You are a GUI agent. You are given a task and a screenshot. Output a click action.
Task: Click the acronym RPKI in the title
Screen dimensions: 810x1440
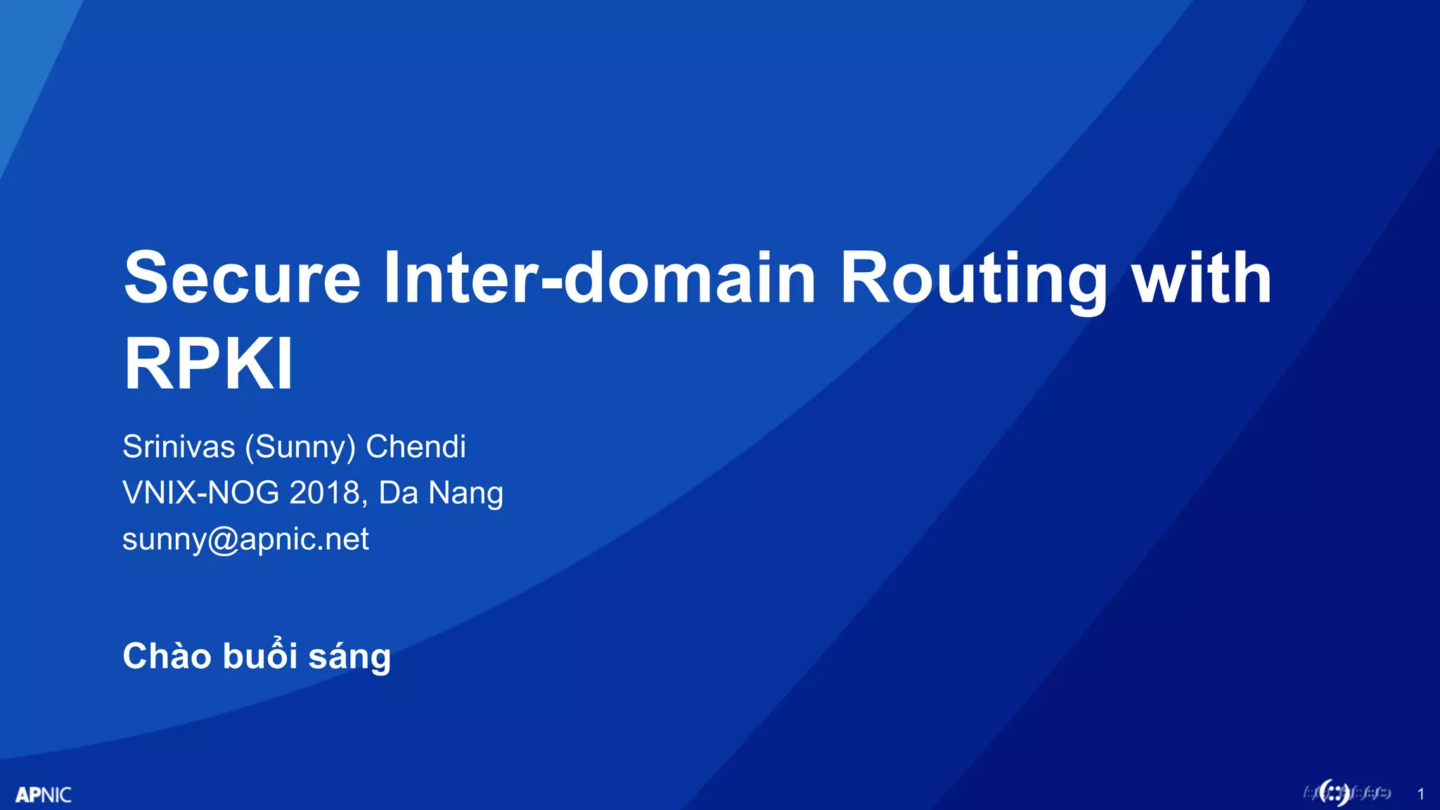click(x=208, y=364)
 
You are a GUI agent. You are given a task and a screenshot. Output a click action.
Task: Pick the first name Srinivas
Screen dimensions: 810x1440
click(x=179, y=447)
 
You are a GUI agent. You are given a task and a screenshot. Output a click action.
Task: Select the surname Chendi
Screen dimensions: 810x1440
click(x=416, y=447)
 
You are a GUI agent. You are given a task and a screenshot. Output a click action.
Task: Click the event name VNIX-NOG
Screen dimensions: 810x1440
click(x=200, y=493)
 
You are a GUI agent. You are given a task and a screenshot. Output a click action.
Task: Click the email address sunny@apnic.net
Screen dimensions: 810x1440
click(x=245, y=539)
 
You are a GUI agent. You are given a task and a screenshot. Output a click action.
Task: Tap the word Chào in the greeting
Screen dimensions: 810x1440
click(x=167, y=656)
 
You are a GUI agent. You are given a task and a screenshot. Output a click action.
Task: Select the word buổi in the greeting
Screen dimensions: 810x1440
click(x=259, y=656)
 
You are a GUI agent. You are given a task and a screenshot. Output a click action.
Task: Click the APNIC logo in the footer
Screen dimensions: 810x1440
click(x=44, y=795)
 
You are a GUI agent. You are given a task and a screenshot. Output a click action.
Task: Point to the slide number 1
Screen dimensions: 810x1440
click(x=1421, y=795)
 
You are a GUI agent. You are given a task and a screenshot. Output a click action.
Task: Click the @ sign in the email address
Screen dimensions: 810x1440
click(x=224, y=541)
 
